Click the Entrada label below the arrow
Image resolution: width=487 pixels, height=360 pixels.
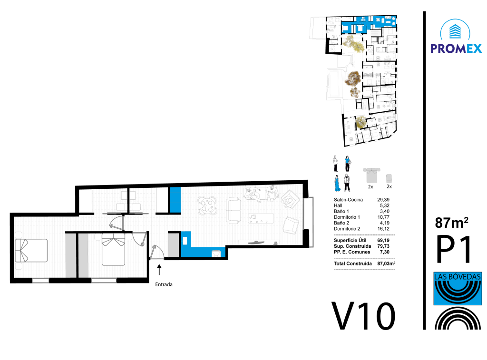pyautogui.click(x=164, y=284)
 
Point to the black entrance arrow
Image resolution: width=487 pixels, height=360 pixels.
pyautogui.click(x=159, y=270)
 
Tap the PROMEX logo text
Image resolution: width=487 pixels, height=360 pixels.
pyautogui.click(x=456, y=49)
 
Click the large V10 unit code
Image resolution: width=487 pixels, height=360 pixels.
pyautogui.click(x=363, y=316)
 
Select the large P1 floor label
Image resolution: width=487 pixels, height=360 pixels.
pyautogui.click(x=454, y=249)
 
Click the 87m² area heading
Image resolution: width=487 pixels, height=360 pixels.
pyautogui.click(x=452, y=223)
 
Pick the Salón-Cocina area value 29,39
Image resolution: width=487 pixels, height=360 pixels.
pyautogui.click(x=383, y=200)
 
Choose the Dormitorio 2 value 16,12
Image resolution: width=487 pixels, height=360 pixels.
pyautogui.click(x=383, y=229)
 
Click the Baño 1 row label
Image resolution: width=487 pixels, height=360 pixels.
pyautogui.click(x=341, y=211)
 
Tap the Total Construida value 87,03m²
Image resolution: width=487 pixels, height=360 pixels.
pyautogui.click(x=386, y=263)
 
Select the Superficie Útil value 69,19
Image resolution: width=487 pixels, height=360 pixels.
pyautogui.click(x=383, y=240)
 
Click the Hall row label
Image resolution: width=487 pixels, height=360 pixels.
pyautogui.click(x=338, y=205)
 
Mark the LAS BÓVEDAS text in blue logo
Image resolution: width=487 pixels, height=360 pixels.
pyautogui.click(x=457, y=276)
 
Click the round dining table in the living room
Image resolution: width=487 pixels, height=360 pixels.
pyautogui.click(x=207, y=205)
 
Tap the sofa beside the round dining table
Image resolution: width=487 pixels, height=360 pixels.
pyautogui.click(x=234, y=210)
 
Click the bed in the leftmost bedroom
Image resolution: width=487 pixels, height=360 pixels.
pyautogui.click(x=31, y=250)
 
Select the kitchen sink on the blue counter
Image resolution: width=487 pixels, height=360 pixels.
pyautogui.click(x=185, y=241)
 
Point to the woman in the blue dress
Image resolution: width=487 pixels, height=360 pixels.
pyautogui.click(x=337, y=183)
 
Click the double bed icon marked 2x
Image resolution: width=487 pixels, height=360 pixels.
pyautogui.click(x=371, y=175)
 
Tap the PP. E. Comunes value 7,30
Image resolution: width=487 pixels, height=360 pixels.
pyautogui.click(x=384, y=252)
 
